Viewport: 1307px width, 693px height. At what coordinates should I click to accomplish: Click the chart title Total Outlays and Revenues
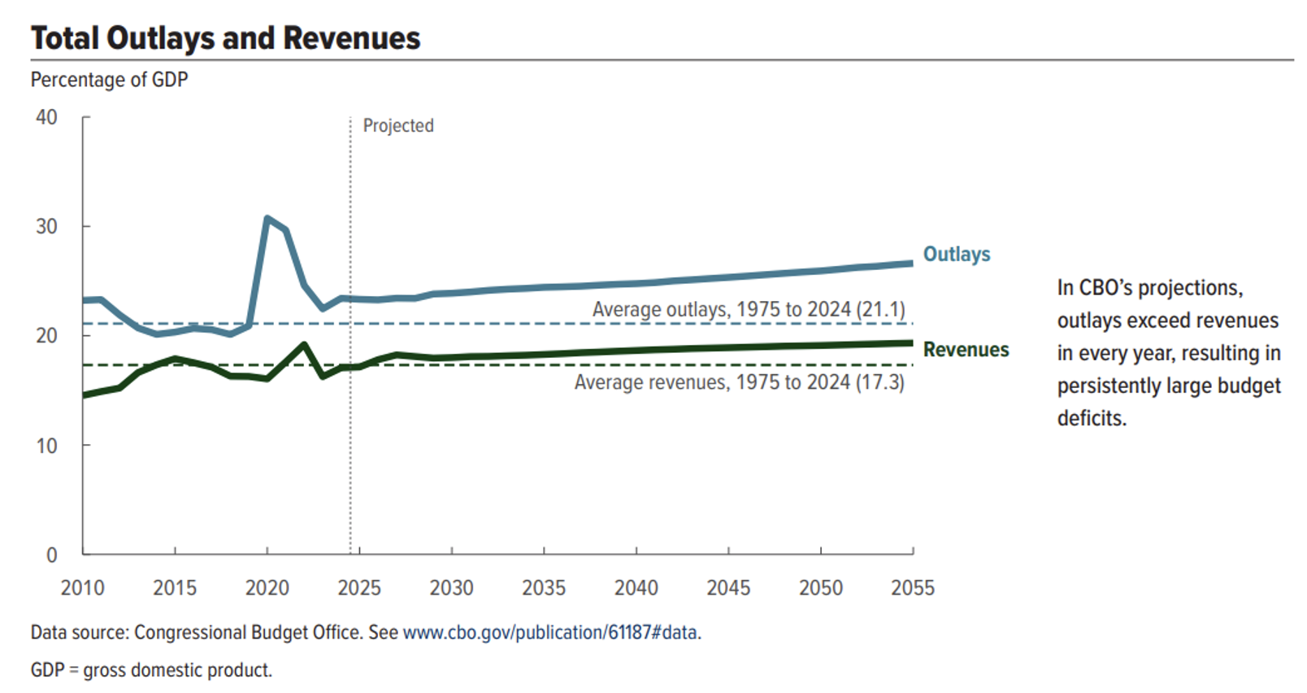225,38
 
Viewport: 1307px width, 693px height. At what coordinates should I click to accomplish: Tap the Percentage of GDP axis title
109,80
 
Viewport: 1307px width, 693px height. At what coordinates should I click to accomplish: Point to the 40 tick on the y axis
46,117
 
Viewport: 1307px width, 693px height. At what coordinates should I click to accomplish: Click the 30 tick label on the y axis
46,226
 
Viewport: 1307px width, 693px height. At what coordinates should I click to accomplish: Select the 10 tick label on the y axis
46,446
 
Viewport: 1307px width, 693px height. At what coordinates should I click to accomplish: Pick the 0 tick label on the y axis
51,555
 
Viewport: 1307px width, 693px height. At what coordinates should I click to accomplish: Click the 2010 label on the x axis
82,587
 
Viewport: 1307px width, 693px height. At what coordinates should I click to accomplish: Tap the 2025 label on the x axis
359,587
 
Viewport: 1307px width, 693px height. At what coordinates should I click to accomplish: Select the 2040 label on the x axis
636,587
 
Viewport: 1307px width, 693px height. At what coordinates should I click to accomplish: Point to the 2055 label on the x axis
913,587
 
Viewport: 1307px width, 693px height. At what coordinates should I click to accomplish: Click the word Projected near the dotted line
398,126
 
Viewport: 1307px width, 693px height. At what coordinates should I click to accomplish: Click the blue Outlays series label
957,255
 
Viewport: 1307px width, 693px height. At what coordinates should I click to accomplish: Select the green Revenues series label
966,350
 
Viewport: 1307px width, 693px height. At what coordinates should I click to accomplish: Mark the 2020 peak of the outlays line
267,218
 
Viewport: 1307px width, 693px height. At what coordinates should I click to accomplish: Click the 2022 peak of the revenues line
304,344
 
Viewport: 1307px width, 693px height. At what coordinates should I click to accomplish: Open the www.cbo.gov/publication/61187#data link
551,633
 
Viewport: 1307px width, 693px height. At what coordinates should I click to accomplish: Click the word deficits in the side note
1092,419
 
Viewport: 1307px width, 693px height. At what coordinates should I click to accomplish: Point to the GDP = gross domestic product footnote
151,670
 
